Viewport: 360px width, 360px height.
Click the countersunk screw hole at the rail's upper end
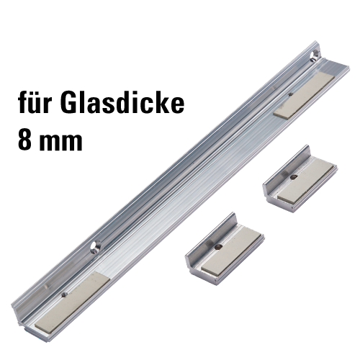(x=314, y=55)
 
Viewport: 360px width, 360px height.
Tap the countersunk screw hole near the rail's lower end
(x=96, y=247)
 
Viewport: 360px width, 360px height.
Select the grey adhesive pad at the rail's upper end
(x=304, y=96)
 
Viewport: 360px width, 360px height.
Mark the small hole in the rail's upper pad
(x=291, y=94)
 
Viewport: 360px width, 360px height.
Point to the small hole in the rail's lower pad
(x=63, y=295)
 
